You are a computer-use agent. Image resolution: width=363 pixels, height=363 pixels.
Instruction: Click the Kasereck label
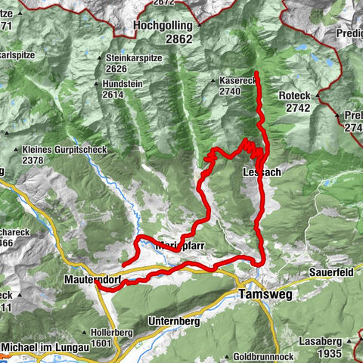point(234,79)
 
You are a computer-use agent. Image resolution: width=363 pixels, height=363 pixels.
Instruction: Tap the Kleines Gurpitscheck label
point(65,150)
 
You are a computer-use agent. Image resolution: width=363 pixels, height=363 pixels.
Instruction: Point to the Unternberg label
point(175,321)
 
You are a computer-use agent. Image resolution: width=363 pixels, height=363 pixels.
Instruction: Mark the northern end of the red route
point(257,73)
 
